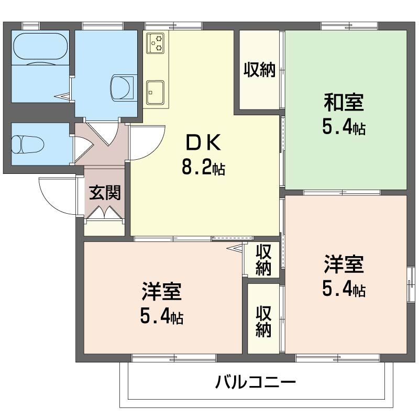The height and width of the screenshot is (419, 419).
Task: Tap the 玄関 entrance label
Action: click(x=105, y=193)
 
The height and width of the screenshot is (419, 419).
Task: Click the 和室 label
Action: click(x=344, y=102)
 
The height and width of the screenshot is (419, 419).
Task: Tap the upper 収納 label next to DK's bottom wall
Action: click(x=263, y=259)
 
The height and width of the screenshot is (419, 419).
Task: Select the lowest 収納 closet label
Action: click(x=263, y=321)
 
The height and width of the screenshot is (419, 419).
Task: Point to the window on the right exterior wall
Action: click(x=411, y=283)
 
